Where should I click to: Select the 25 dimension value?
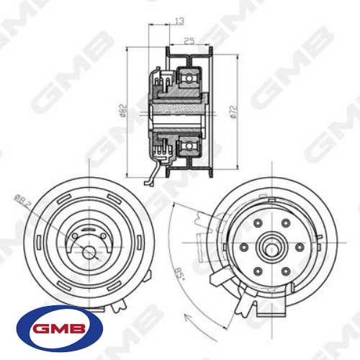click(189, 42)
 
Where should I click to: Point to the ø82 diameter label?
click(122, 110)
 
